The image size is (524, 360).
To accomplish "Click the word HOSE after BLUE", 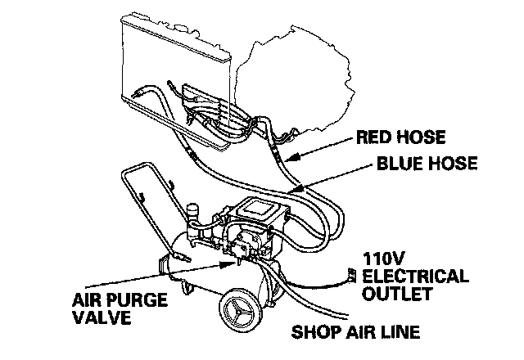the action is pos(451,164).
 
